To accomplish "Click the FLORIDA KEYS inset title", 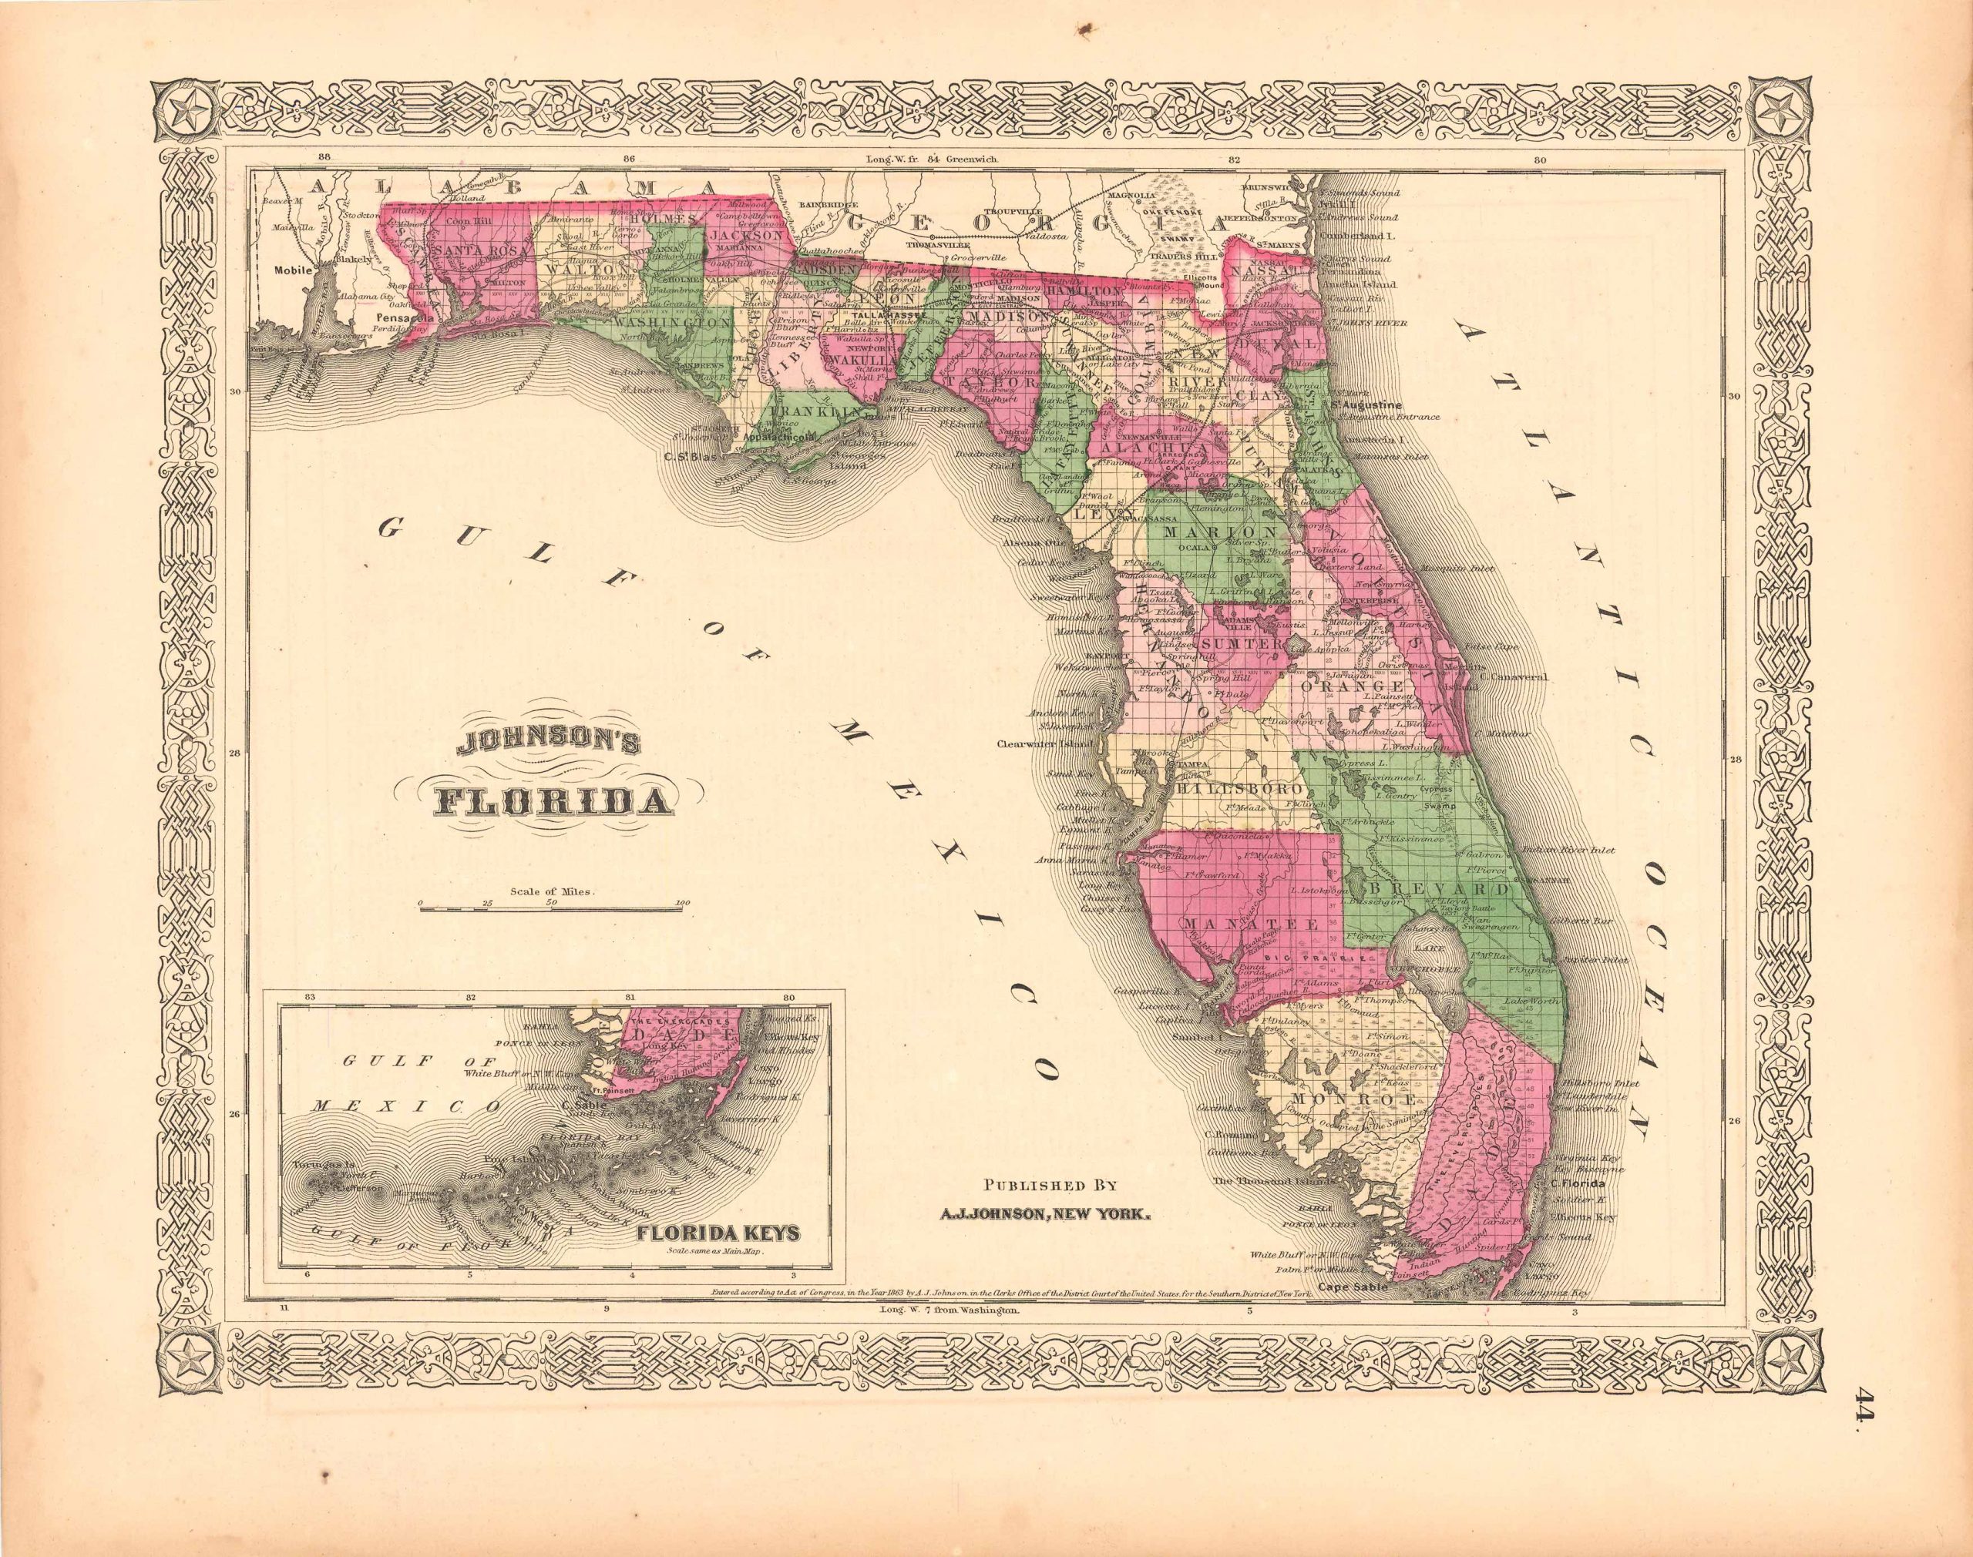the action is click(x=719, y=1235).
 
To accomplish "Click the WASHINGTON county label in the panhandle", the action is click(x=671, y=322).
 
